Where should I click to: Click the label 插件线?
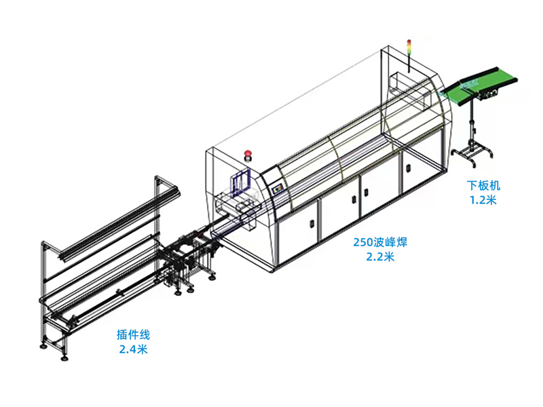[133, 334]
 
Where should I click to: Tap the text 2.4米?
[133, 349]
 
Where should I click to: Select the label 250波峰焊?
[380, 242]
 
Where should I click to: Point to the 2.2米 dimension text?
[380, 256]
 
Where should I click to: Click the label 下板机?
[483, 186]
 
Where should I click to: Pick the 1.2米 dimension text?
[483, 200]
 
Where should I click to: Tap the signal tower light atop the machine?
[409, 47]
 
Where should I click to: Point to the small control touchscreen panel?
[278, 189]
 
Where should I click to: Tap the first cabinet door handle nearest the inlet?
[312, 223]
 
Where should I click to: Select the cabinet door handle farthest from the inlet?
[409, 168]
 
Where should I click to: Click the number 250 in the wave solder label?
[362, 242]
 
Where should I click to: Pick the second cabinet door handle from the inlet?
[354, 199]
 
